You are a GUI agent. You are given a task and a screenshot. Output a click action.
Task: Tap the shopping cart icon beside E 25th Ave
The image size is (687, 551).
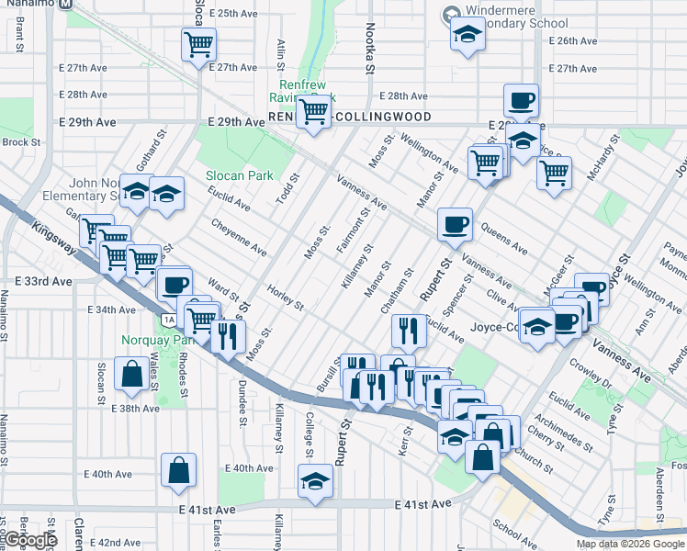198,43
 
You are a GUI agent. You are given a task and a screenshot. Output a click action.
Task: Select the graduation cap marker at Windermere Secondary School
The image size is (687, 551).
467,36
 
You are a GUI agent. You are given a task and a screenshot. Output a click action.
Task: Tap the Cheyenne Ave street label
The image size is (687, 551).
239,237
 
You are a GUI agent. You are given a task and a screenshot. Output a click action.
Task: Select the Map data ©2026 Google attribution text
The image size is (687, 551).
630,544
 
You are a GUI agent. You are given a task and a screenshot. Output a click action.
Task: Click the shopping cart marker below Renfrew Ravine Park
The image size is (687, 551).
314,112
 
